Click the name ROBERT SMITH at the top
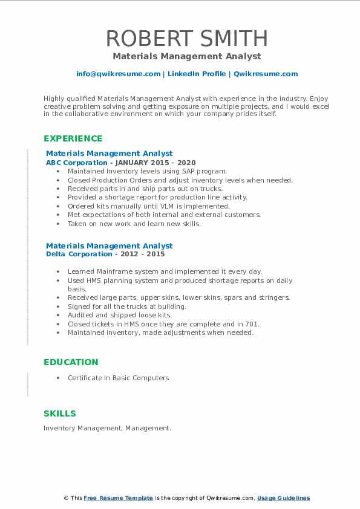point(186,39)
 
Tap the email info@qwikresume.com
point(118,74)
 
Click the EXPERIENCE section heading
point(73,138)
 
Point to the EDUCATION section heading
point(71,362)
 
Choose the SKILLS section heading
point(60,413)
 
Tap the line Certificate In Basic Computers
point(118,378)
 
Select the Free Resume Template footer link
point(119,498)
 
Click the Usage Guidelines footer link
point(283,498)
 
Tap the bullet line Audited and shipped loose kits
point(120,315)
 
